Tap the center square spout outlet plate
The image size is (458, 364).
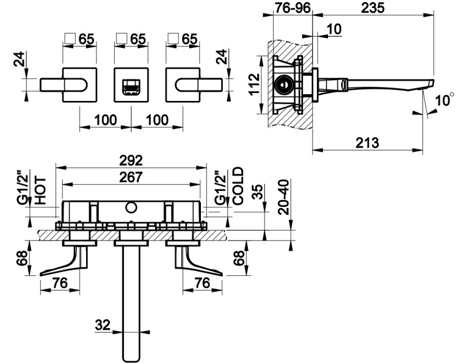(131, 84)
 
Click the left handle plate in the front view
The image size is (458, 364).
(80, 84)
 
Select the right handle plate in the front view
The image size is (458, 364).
(182, 84)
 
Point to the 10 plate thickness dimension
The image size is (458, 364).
(333, 29)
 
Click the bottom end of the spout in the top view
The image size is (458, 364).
(131, 355)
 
